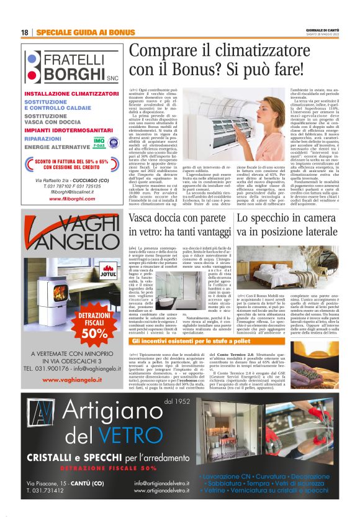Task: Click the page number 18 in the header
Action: (x=24, y=32)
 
